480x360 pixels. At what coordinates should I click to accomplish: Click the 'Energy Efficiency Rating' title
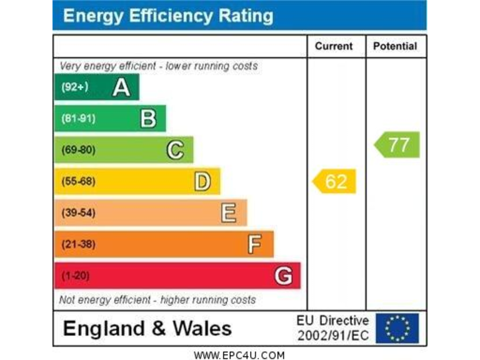[168, 16]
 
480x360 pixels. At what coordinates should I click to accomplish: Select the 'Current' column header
[333, 46]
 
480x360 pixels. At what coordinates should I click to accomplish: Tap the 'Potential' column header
[395, 46]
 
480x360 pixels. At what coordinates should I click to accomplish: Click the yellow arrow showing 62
[334, 181]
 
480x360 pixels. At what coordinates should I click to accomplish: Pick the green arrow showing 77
[397, 145]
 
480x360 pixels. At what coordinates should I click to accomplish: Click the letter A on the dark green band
[121, 87]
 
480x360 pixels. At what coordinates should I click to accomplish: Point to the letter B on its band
[148, 118]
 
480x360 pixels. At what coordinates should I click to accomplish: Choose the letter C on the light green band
[175, 150]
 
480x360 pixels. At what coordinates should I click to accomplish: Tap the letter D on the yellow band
[202, 181]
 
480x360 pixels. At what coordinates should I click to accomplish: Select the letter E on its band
[229, 213]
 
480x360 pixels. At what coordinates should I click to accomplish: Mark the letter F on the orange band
[254, 244]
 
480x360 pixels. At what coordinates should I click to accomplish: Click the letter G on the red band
[283, 276]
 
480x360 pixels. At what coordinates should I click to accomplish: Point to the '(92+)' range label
[74, 87]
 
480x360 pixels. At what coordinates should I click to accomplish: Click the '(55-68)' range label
[78, 182]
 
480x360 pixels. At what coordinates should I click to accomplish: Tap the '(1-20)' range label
[75, 276]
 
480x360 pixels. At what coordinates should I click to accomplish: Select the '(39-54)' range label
[78, 213]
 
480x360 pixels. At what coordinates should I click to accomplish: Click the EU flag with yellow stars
[397, 328]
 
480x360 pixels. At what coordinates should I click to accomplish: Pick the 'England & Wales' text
[147, 328]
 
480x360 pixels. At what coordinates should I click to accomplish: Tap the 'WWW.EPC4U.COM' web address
[239, 355]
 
